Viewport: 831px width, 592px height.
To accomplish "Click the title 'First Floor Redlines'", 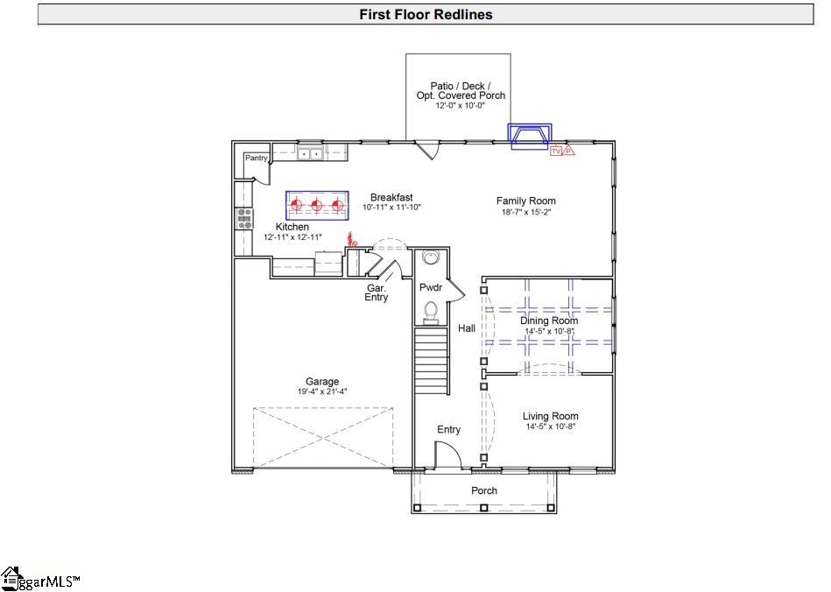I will (x=426, y=14).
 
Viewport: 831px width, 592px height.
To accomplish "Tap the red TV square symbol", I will (x=555, y=151).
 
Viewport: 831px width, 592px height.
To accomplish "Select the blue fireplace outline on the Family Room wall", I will (x=531, y=137).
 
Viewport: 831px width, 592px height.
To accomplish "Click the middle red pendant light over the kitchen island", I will (x=317, y=206).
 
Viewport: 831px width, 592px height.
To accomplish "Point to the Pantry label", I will (x=257, y=158).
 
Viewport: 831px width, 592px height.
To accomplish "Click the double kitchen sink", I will (x=309, y=154).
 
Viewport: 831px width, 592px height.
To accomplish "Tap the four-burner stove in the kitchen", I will (x=244, y=217).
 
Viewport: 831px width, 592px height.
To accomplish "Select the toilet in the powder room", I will (x=430, y=310).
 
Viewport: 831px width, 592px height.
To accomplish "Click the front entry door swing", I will (x=447, y=455).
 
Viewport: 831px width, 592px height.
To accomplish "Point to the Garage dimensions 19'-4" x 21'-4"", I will (x=321, y=392).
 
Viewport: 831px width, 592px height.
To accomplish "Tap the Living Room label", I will (x=550, y=416).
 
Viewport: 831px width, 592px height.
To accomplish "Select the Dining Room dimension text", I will (x=549, y=331).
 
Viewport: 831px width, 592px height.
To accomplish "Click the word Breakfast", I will (x=391, y=197).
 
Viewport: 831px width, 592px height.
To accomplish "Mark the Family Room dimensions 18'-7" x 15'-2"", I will (x=525, y=212).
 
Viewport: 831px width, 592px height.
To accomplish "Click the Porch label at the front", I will (x=484, y=490).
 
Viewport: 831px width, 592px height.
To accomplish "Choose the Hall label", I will (x=467, y=328).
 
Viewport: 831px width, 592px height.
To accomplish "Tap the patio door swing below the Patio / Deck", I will (x=426, y=149).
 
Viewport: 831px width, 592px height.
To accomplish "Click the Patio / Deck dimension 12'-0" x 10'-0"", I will (x=461, y=105).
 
